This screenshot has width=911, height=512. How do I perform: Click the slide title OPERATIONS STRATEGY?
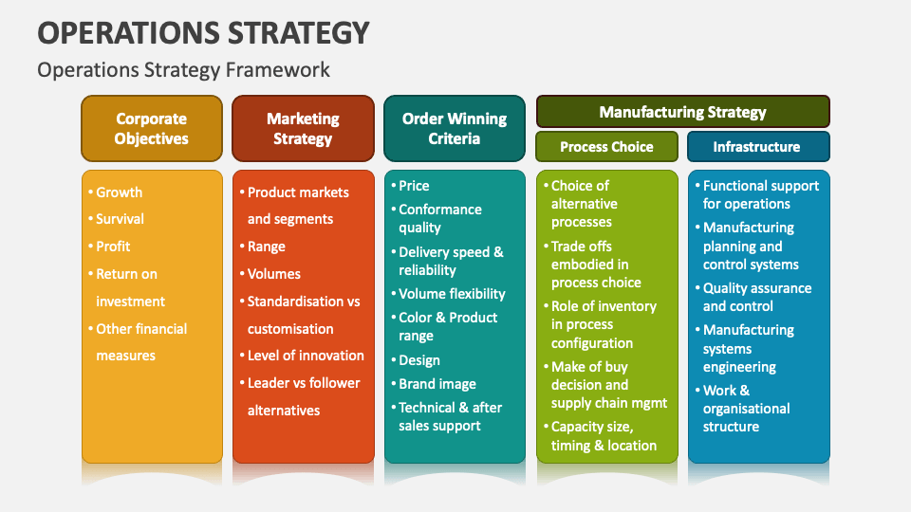[203, 32]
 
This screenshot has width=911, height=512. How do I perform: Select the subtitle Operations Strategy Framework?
[183, 69]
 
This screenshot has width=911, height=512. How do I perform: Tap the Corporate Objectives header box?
[152, 129]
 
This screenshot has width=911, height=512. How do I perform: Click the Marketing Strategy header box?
[303, 129]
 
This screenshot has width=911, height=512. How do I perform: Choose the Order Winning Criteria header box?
[454, 129]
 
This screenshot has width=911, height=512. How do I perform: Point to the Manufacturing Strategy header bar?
[682, 112]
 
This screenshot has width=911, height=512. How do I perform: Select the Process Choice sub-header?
[606, 147]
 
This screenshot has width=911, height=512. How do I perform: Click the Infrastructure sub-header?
[756, 147]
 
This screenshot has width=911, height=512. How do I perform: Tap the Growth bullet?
[119, 192]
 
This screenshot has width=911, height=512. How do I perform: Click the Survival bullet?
[120, 219]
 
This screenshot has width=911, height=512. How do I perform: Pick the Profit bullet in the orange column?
[113, 247]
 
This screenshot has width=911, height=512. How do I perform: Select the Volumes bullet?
[273, 274]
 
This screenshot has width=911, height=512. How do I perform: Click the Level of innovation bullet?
[305, 356]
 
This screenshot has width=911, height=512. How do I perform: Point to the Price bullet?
[414, 186]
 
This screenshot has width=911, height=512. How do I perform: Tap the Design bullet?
[419, 360]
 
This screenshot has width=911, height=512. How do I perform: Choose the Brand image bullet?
[437, 384]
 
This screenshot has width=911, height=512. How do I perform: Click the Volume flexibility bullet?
[452, 294]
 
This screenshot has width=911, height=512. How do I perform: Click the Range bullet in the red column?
[266, 247]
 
